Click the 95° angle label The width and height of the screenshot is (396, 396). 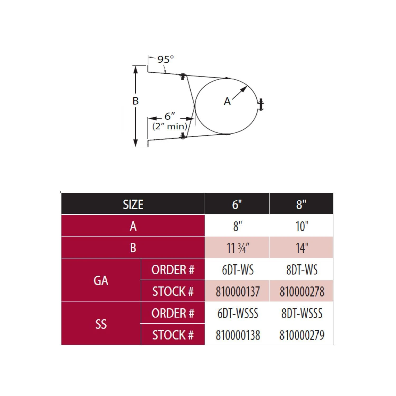click(x=166, y=59)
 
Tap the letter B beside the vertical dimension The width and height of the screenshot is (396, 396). click(x=135, y=101)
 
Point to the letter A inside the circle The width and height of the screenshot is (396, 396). click(x=227, y=101)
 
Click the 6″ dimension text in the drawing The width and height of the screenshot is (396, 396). click(x=170, y=116)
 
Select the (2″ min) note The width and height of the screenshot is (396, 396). click(x=170, y=126)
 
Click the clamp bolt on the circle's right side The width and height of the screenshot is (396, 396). click(x=261, y=104)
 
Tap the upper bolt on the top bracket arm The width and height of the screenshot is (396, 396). click(x=183, y=76)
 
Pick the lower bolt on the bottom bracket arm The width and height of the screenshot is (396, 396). click(x=183, y=136)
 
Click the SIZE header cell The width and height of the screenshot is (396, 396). click(x=133, y=204)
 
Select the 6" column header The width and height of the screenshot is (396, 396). click(x=237, y=204)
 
